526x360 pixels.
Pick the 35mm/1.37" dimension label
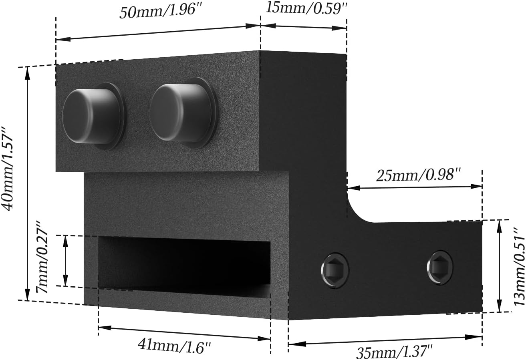(x=394, y=352)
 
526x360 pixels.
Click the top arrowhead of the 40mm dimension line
(x=28, y=71)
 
